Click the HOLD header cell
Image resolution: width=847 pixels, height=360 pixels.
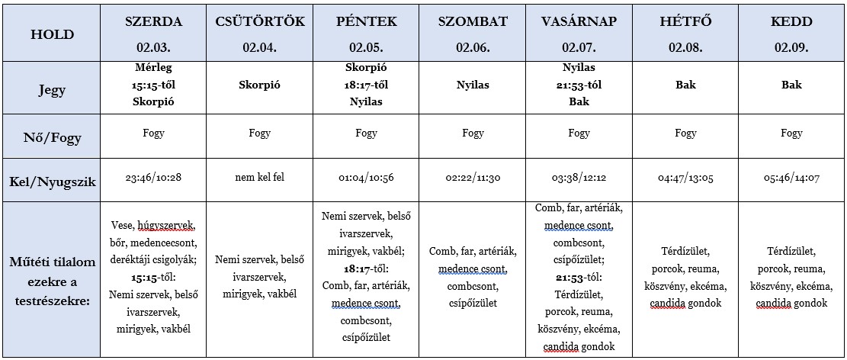(52, 34)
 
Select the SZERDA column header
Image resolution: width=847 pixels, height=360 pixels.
(153, 21)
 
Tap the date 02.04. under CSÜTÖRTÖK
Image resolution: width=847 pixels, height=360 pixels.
(260, 47)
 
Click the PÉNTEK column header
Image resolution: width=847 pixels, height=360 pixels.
(366, 21)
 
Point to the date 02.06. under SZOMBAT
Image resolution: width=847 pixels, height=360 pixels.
(473, 47)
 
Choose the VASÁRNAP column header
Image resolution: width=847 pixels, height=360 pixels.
(579, 21)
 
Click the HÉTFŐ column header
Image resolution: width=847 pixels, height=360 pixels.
(685, 21)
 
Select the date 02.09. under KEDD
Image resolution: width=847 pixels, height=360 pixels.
(791, 47)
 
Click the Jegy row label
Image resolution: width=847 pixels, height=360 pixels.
(52, 90)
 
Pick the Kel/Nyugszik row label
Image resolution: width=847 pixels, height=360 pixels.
(52, 180)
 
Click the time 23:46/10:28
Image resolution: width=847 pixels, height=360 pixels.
(153, 178)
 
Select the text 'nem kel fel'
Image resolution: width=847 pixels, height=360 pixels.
(260, 178)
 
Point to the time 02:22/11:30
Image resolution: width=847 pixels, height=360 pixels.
(473, 178)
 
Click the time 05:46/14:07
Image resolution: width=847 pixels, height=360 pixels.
(791, 178)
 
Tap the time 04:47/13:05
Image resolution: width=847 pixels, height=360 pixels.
(685, 178)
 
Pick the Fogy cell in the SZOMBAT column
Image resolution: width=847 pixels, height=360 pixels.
(473, 133)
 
